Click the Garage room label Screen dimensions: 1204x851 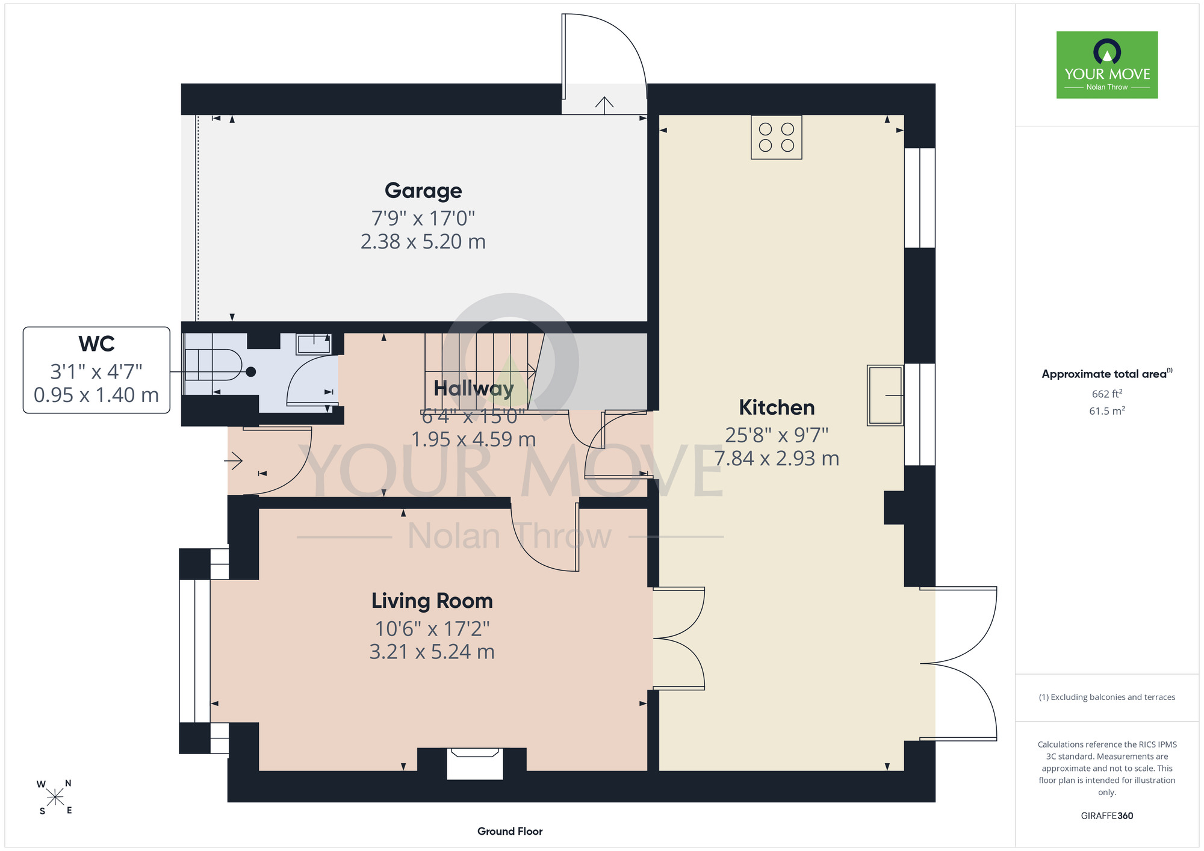pos(423,191)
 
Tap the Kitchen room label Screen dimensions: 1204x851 pos(777,407)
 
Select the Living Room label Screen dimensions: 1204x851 pos(432,601)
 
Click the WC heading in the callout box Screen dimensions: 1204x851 pos(96,344)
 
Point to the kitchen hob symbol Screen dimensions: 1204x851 pos(777,137)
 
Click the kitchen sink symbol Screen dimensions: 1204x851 pos(885,395)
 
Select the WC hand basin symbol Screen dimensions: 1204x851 pos(313,344)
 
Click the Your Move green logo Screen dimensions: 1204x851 pos(1107,65)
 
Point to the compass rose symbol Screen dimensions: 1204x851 pos(55,797)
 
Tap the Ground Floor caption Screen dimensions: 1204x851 pos(510,831)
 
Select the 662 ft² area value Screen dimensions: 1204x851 pos(1107,394)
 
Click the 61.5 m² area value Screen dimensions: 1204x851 pos(1107,410)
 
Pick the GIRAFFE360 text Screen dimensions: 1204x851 pos(1107,816)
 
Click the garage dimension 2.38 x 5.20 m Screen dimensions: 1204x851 pos(423,241)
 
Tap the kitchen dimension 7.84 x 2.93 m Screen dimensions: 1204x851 pos(777,459)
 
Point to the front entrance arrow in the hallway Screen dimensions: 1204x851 pos(234,462)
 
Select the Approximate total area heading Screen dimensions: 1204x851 pos(1107,374)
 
